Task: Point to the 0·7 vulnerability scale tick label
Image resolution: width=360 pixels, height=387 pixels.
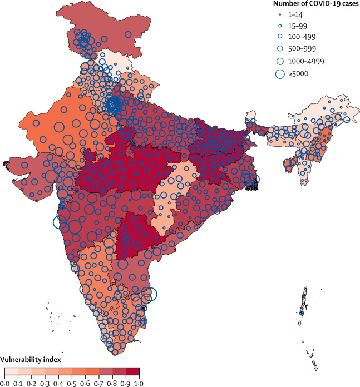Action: click(x=98, y=383)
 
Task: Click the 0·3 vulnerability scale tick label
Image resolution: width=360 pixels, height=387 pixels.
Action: click(x=45, y=383)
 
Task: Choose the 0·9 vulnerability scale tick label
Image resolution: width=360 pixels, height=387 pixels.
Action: click(x=125, y=383)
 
